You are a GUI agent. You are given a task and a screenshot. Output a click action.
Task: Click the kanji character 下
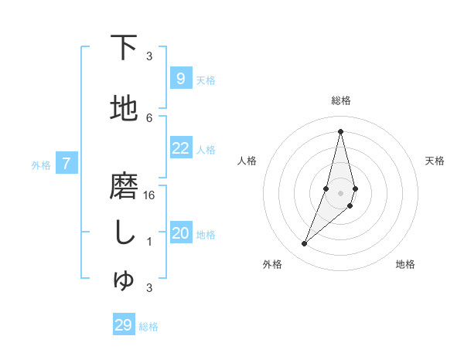point(124,48)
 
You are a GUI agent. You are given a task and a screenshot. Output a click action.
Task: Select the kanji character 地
point(124,109)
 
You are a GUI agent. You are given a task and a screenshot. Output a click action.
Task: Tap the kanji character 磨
point(124,186)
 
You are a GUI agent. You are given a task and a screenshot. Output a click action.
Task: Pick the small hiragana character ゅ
point(124,280)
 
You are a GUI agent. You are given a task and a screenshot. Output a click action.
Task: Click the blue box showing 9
point(180,78)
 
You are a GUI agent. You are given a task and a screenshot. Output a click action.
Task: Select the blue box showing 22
point(180,148)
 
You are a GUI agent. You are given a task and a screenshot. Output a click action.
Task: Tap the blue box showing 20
point(180,233)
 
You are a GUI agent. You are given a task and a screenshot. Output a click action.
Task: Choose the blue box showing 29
point(124,324)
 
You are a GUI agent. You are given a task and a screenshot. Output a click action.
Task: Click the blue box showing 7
point(67,164)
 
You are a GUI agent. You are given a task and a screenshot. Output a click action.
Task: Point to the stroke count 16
point(149,195)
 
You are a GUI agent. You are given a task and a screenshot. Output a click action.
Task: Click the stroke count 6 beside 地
point(149,117)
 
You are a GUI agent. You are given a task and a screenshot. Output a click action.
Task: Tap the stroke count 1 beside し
point(149,242)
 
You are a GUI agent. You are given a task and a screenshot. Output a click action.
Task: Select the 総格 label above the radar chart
point(340,100)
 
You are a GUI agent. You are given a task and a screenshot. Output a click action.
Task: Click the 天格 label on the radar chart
point(435,161)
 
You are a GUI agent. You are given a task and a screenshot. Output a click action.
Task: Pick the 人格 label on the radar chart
point(247,161)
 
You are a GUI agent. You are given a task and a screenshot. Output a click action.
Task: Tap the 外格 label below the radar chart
point(272,265)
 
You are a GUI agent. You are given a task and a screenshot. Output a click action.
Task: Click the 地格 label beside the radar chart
point(405,265)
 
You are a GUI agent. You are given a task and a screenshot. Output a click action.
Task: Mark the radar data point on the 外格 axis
point(304,244)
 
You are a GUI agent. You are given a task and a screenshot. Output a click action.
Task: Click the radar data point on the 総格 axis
point(340,131)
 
